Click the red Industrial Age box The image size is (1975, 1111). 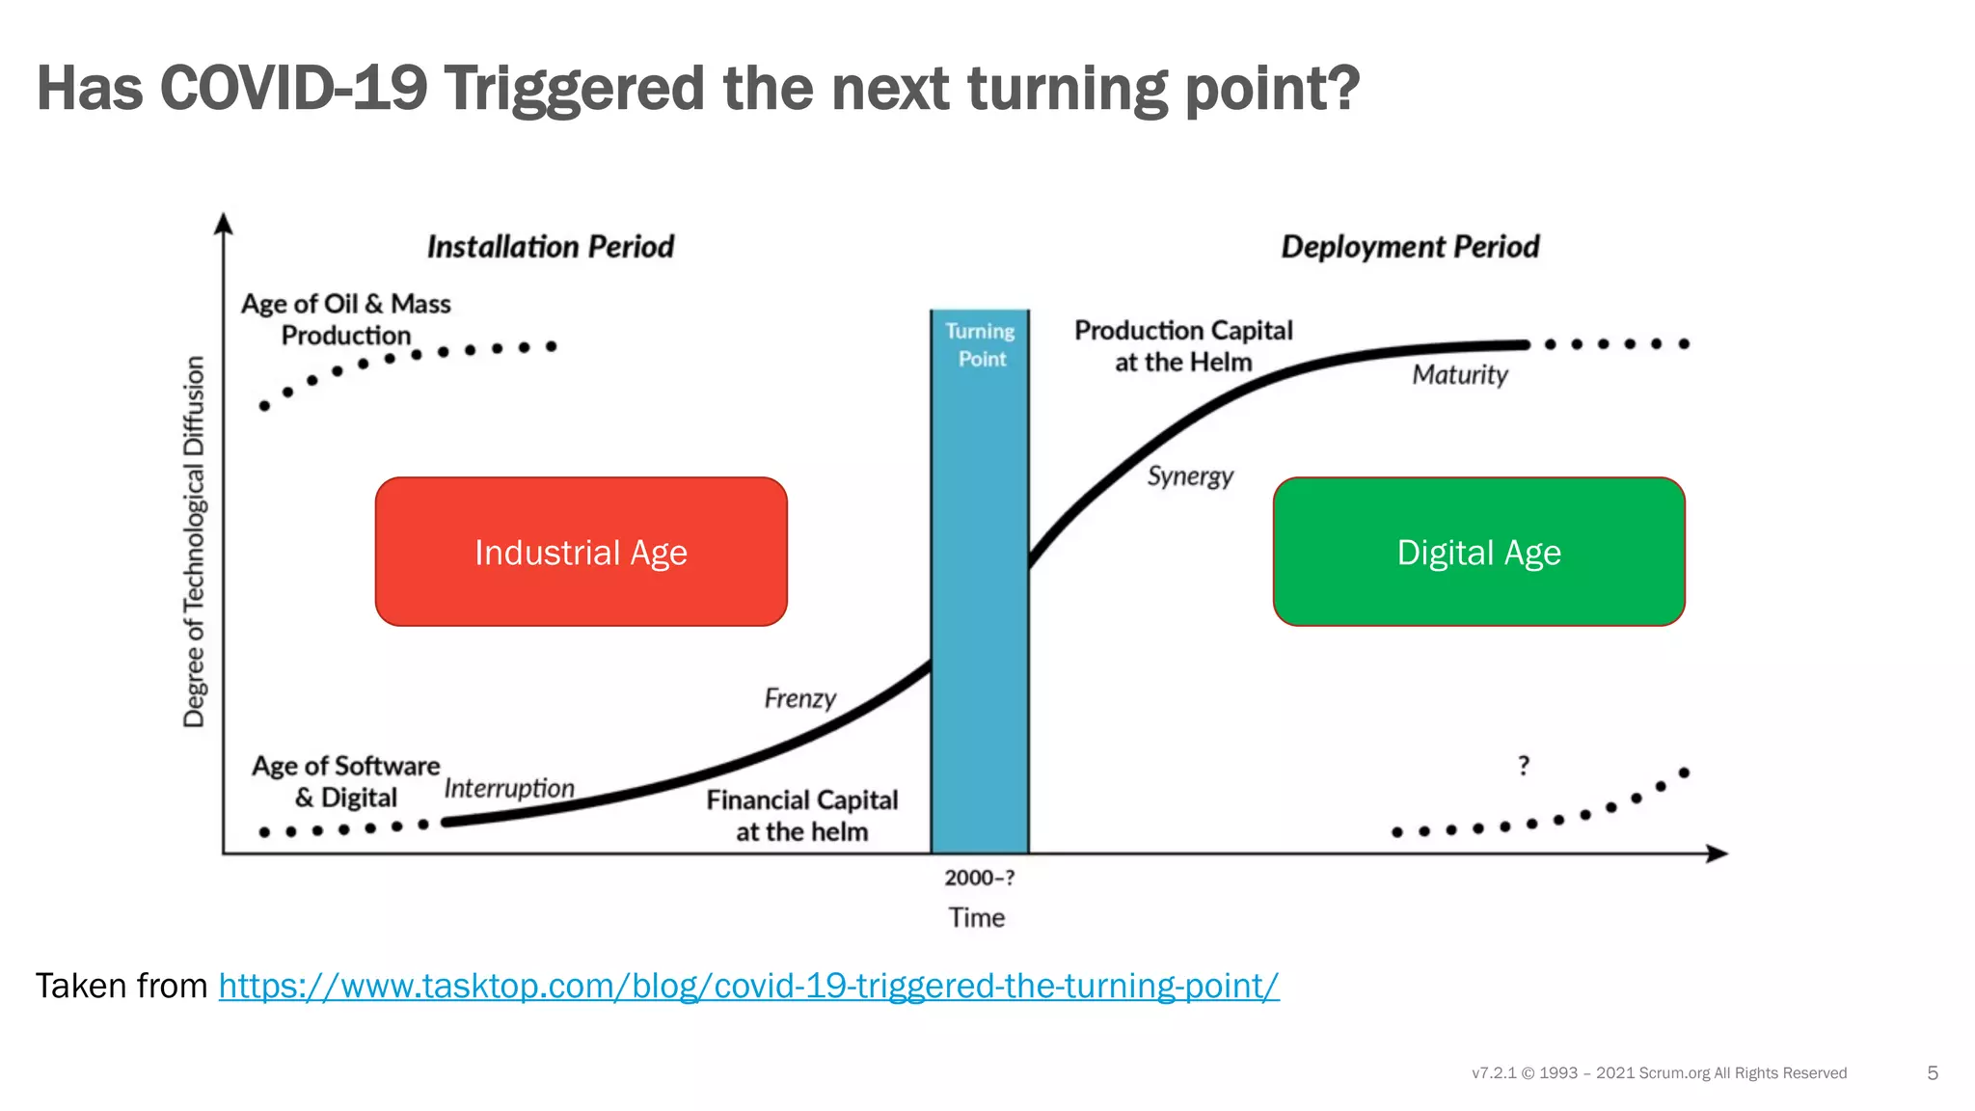(581, 552)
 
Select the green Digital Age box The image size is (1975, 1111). (1478, 552)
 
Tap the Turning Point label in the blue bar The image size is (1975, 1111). (980, 344)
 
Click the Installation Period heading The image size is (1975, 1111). (550, 247)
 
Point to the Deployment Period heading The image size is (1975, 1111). (1409, 247)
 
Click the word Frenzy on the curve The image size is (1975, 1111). (799, 698)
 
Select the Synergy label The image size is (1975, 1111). (1190, 476)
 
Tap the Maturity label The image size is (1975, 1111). (1459, 375)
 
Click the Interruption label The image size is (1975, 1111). (509, 789)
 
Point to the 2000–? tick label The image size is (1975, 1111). (979, 878)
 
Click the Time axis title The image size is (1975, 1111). (976, 917)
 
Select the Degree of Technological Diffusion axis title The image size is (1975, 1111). (195, 541)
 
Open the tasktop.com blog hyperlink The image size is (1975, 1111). (748, 986)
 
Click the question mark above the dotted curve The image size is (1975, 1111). (1524, 766)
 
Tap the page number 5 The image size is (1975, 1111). (1932, 1073)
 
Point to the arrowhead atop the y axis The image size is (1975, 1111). (224, 224)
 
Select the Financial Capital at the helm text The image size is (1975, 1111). (801, 815)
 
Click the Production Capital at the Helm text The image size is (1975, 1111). (1183, 345)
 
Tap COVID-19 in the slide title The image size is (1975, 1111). (293, 88)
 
